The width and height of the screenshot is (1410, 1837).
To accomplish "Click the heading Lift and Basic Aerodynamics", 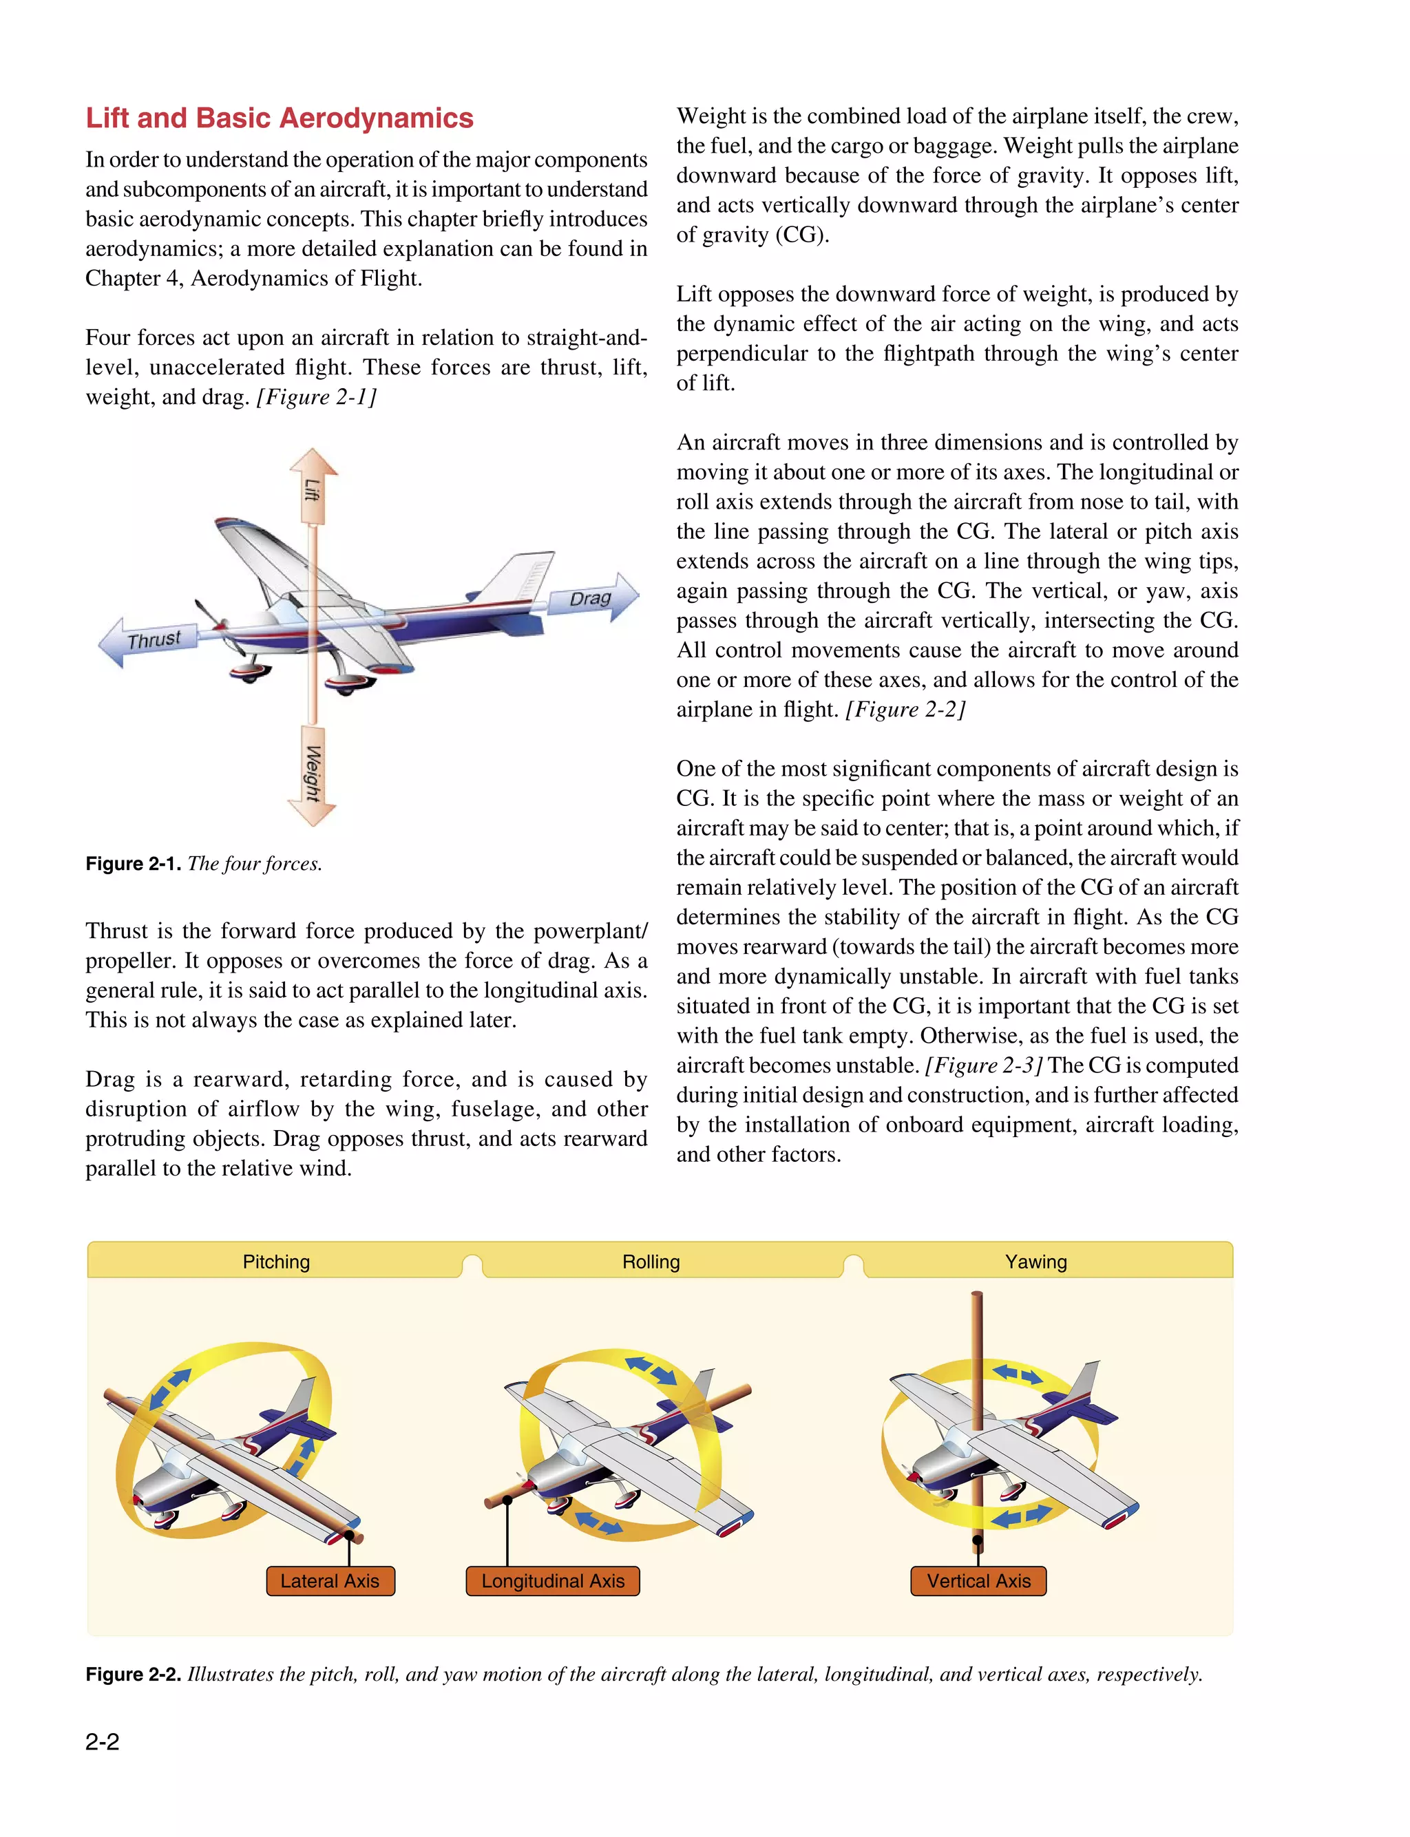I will [280, 118].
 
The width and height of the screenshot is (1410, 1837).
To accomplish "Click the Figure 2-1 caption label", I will [133, 864].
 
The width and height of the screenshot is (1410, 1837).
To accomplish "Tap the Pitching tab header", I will [276, 1262].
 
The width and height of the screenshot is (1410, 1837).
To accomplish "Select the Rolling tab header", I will [651, 1262].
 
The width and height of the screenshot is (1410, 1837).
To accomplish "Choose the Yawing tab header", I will [1035, 1262].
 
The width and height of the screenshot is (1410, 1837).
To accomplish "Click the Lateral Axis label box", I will [330, 1581].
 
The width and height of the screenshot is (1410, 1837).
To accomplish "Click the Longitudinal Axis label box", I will [552, 1581].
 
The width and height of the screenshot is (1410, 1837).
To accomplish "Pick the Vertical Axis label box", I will [978, 1581].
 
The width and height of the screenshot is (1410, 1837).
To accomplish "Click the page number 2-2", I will [103, 1741].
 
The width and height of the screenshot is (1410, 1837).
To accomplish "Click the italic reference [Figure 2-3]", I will [984, 1065].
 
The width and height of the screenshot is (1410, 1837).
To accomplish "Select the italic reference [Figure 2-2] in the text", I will [905, 710].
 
